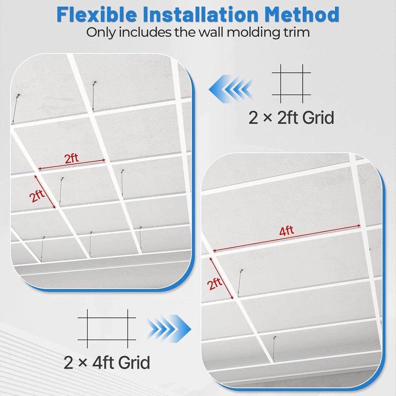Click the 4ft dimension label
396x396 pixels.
pyautogui.click(x=287, y=231)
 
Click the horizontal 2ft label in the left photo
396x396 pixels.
pyautogui.click(x=72, y=158)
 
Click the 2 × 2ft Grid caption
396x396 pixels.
pyautogui.click(x=291, y=117)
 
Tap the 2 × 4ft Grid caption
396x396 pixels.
pyautogui.click(x=107, y=363)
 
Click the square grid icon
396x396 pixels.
pyautogui.click(x=291, y=84)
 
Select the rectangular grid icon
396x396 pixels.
pyautogui.click(x=107, y=328)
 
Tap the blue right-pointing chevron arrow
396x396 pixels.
pyautogui.click(x=169, y=329)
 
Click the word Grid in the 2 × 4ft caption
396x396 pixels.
pyautogui.click(x=134, y=363)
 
